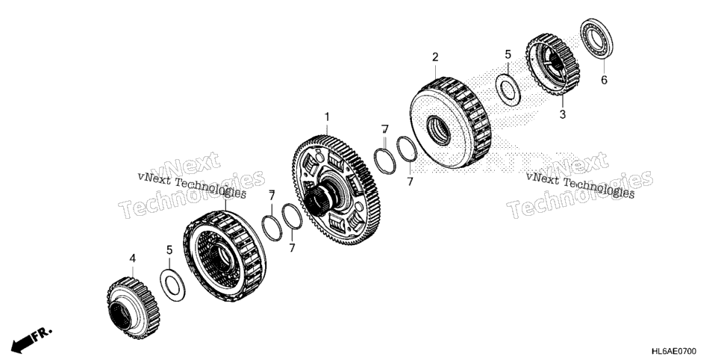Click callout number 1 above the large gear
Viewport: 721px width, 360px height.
327,117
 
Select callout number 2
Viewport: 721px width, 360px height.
435,57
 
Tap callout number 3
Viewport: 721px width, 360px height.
562,114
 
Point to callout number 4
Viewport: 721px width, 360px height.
132,258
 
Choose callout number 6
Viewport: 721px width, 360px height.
604,80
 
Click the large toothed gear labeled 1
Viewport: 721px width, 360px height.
336,190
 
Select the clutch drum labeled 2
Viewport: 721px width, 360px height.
451,122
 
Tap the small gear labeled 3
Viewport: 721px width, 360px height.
552,64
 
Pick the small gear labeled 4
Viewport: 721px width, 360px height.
132,308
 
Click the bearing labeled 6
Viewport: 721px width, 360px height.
596,39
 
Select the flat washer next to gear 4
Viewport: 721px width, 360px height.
172,285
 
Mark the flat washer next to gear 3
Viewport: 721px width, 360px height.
508,90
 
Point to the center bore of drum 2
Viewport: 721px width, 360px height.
438,130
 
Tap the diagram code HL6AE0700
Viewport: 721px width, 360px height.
674,352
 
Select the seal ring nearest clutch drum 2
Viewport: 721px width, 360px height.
407,149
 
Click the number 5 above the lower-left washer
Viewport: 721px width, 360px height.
169,250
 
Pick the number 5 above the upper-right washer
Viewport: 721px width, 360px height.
508,55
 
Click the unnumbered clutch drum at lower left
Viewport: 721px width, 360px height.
225,256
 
